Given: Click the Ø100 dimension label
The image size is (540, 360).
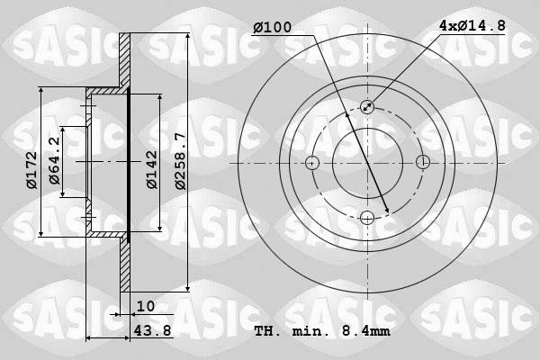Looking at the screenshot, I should point(272,28).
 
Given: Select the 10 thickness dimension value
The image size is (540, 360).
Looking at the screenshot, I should point(146,306).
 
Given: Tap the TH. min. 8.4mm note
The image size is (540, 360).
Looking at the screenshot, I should point(321,331).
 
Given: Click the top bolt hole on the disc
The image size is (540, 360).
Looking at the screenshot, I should point(367,107).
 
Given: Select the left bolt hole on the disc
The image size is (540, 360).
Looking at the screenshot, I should point(311,163).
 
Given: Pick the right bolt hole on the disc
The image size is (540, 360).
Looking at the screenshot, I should point(423,163).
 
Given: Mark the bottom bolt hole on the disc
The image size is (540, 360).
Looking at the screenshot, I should point(367,218).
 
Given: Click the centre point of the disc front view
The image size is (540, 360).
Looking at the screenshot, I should point(367,163).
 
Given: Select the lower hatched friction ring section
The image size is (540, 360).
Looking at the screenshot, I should point(125,265).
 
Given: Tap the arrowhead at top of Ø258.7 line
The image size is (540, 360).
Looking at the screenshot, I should point(186,39).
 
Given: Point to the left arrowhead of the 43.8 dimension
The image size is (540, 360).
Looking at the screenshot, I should point(89,338).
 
